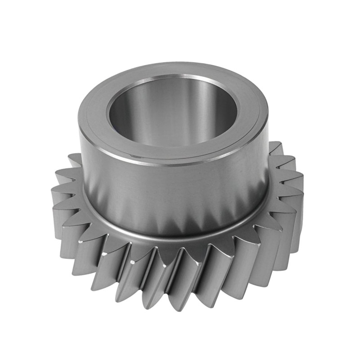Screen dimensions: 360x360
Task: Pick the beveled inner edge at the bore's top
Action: [173, 77]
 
